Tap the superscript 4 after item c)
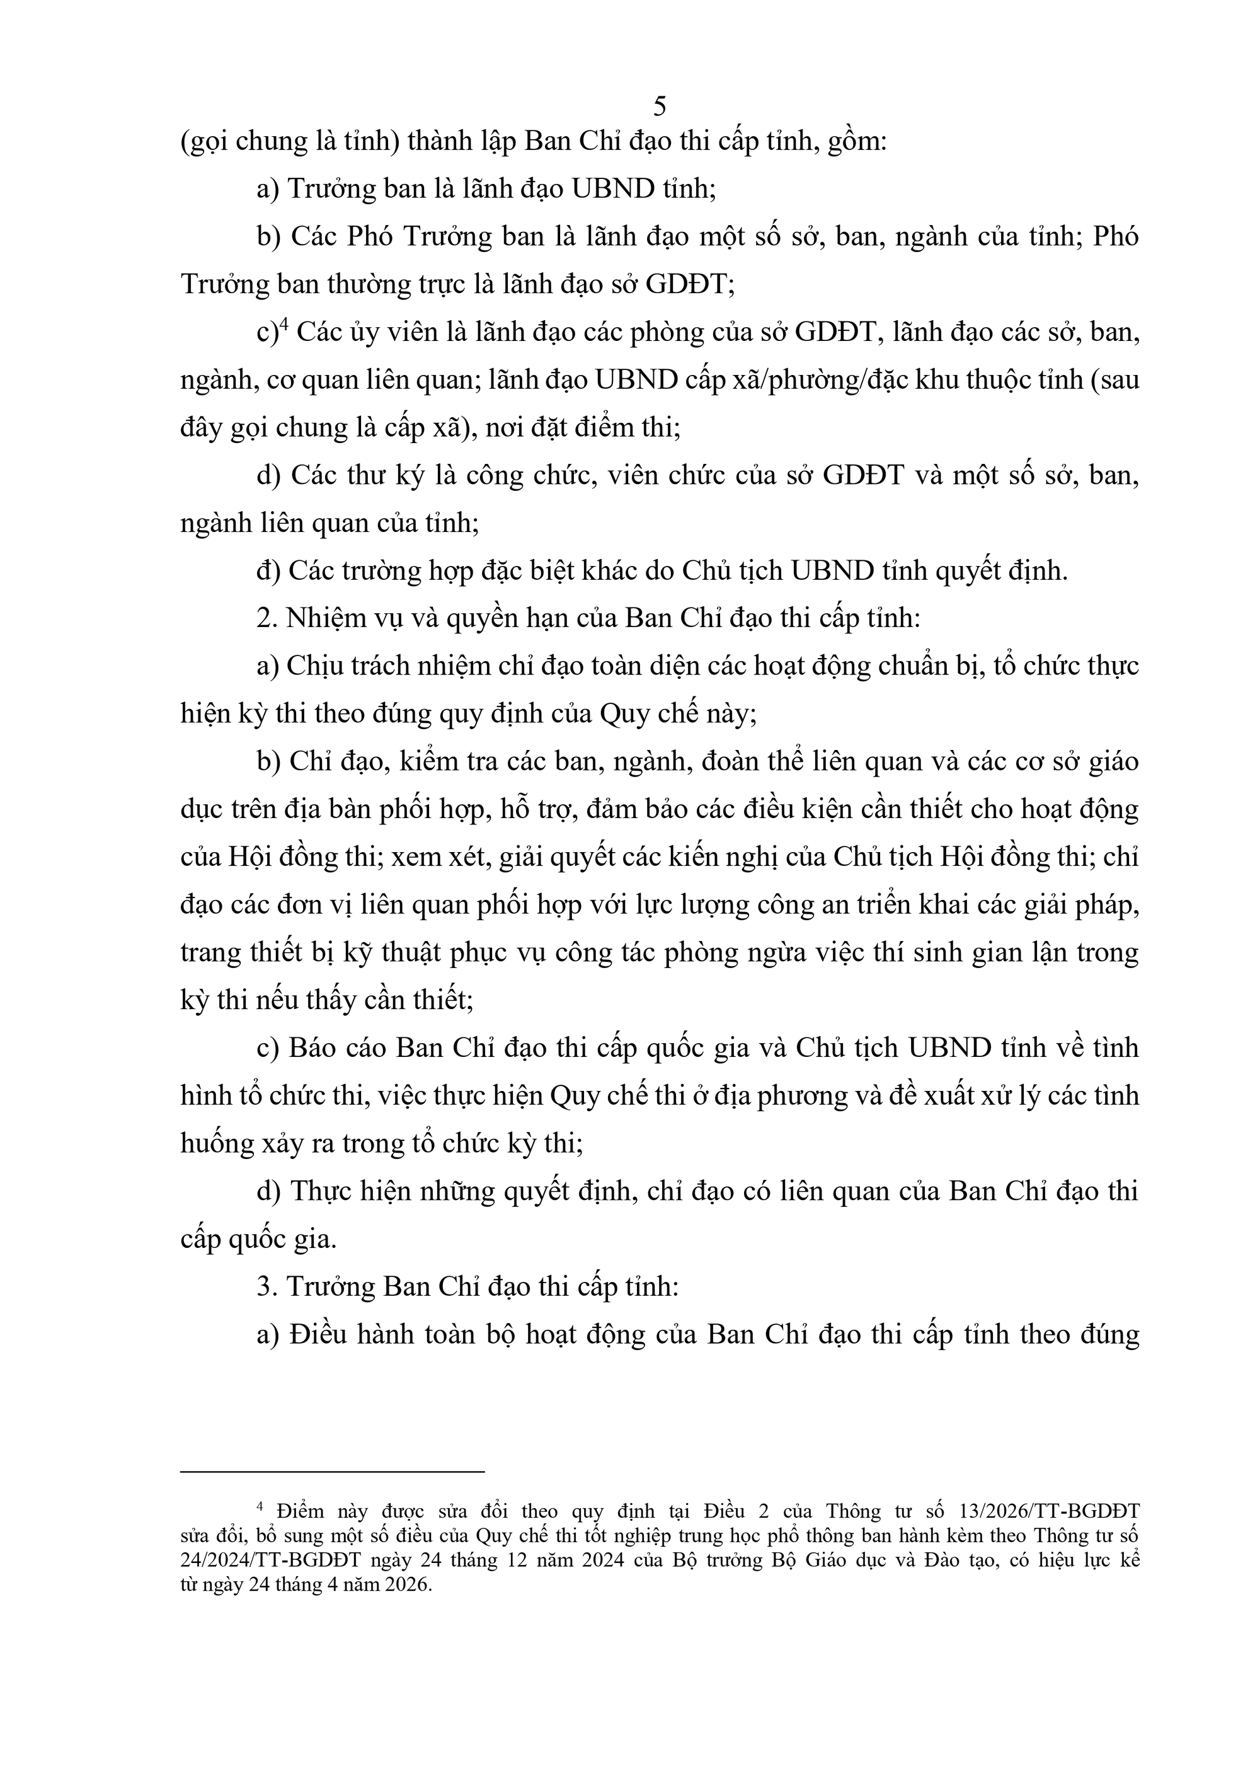point(283,325)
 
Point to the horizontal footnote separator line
point(331,1470)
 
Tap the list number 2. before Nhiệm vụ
point(267,619)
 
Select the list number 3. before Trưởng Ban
point(267,1287)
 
